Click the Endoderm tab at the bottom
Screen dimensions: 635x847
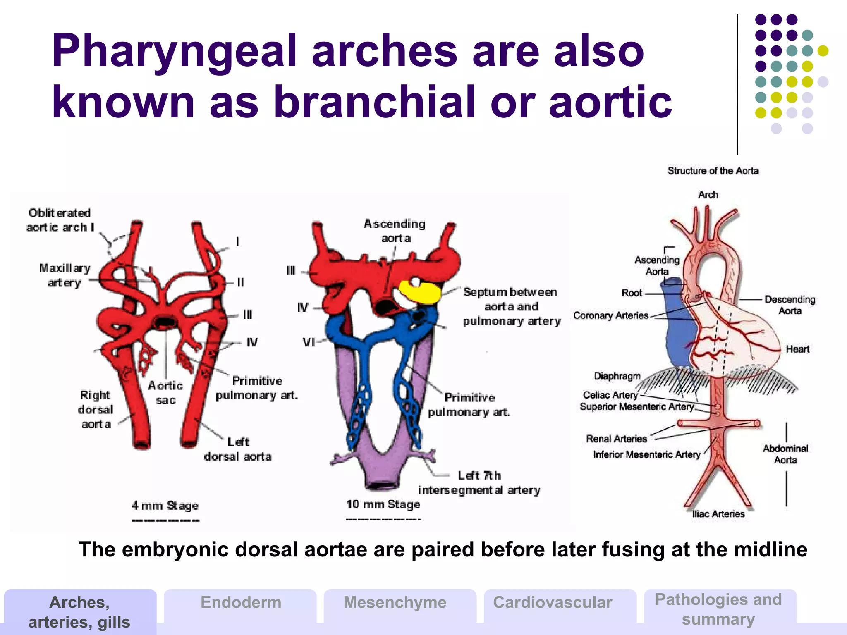241,602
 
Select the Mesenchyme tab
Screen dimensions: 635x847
395,602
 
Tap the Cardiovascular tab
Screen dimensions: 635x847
553,602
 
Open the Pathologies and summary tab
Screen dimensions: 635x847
718,609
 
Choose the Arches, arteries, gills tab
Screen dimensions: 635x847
79,612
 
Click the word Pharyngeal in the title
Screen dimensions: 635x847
174,52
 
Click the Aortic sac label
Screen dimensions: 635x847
165,393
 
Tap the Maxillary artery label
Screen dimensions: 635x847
65,275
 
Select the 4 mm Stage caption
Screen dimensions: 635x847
165,506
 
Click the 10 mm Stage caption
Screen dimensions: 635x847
383,504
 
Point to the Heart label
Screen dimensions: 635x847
797,349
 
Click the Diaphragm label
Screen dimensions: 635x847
617,376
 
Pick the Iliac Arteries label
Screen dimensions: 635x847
718,514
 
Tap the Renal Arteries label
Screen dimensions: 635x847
616,439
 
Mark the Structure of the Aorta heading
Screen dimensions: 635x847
713,171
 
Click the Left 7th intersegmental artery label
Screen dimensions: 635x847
479,483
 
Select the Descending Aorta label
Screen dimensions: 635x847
790,305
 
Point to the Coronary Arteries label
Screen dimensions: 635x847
611,315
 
